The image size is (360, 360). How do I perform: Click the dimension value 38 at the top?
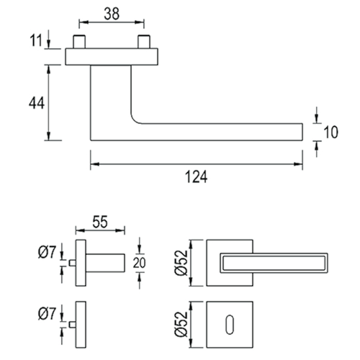pos(112,14)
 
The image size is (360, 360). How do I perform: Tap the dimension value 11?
pos(36,40)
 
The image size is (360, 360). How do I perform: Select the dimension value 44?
pos(37,103)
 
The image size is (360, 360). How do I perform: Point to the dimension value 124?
pos(196,177)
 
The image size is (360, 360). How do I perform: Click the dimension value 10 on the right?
pos(330,132)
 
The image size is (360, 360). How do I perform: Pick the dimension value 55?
pos(100,222)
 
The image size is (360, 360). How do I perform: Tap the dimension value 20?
pos(139,263)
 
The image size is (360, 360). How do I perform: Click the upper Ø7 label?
pos(47,252)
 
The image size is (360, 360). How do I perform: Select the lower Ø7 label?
pos(47,314)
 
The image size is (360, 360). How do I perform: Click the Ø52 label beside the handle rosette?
pos(181,263)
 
